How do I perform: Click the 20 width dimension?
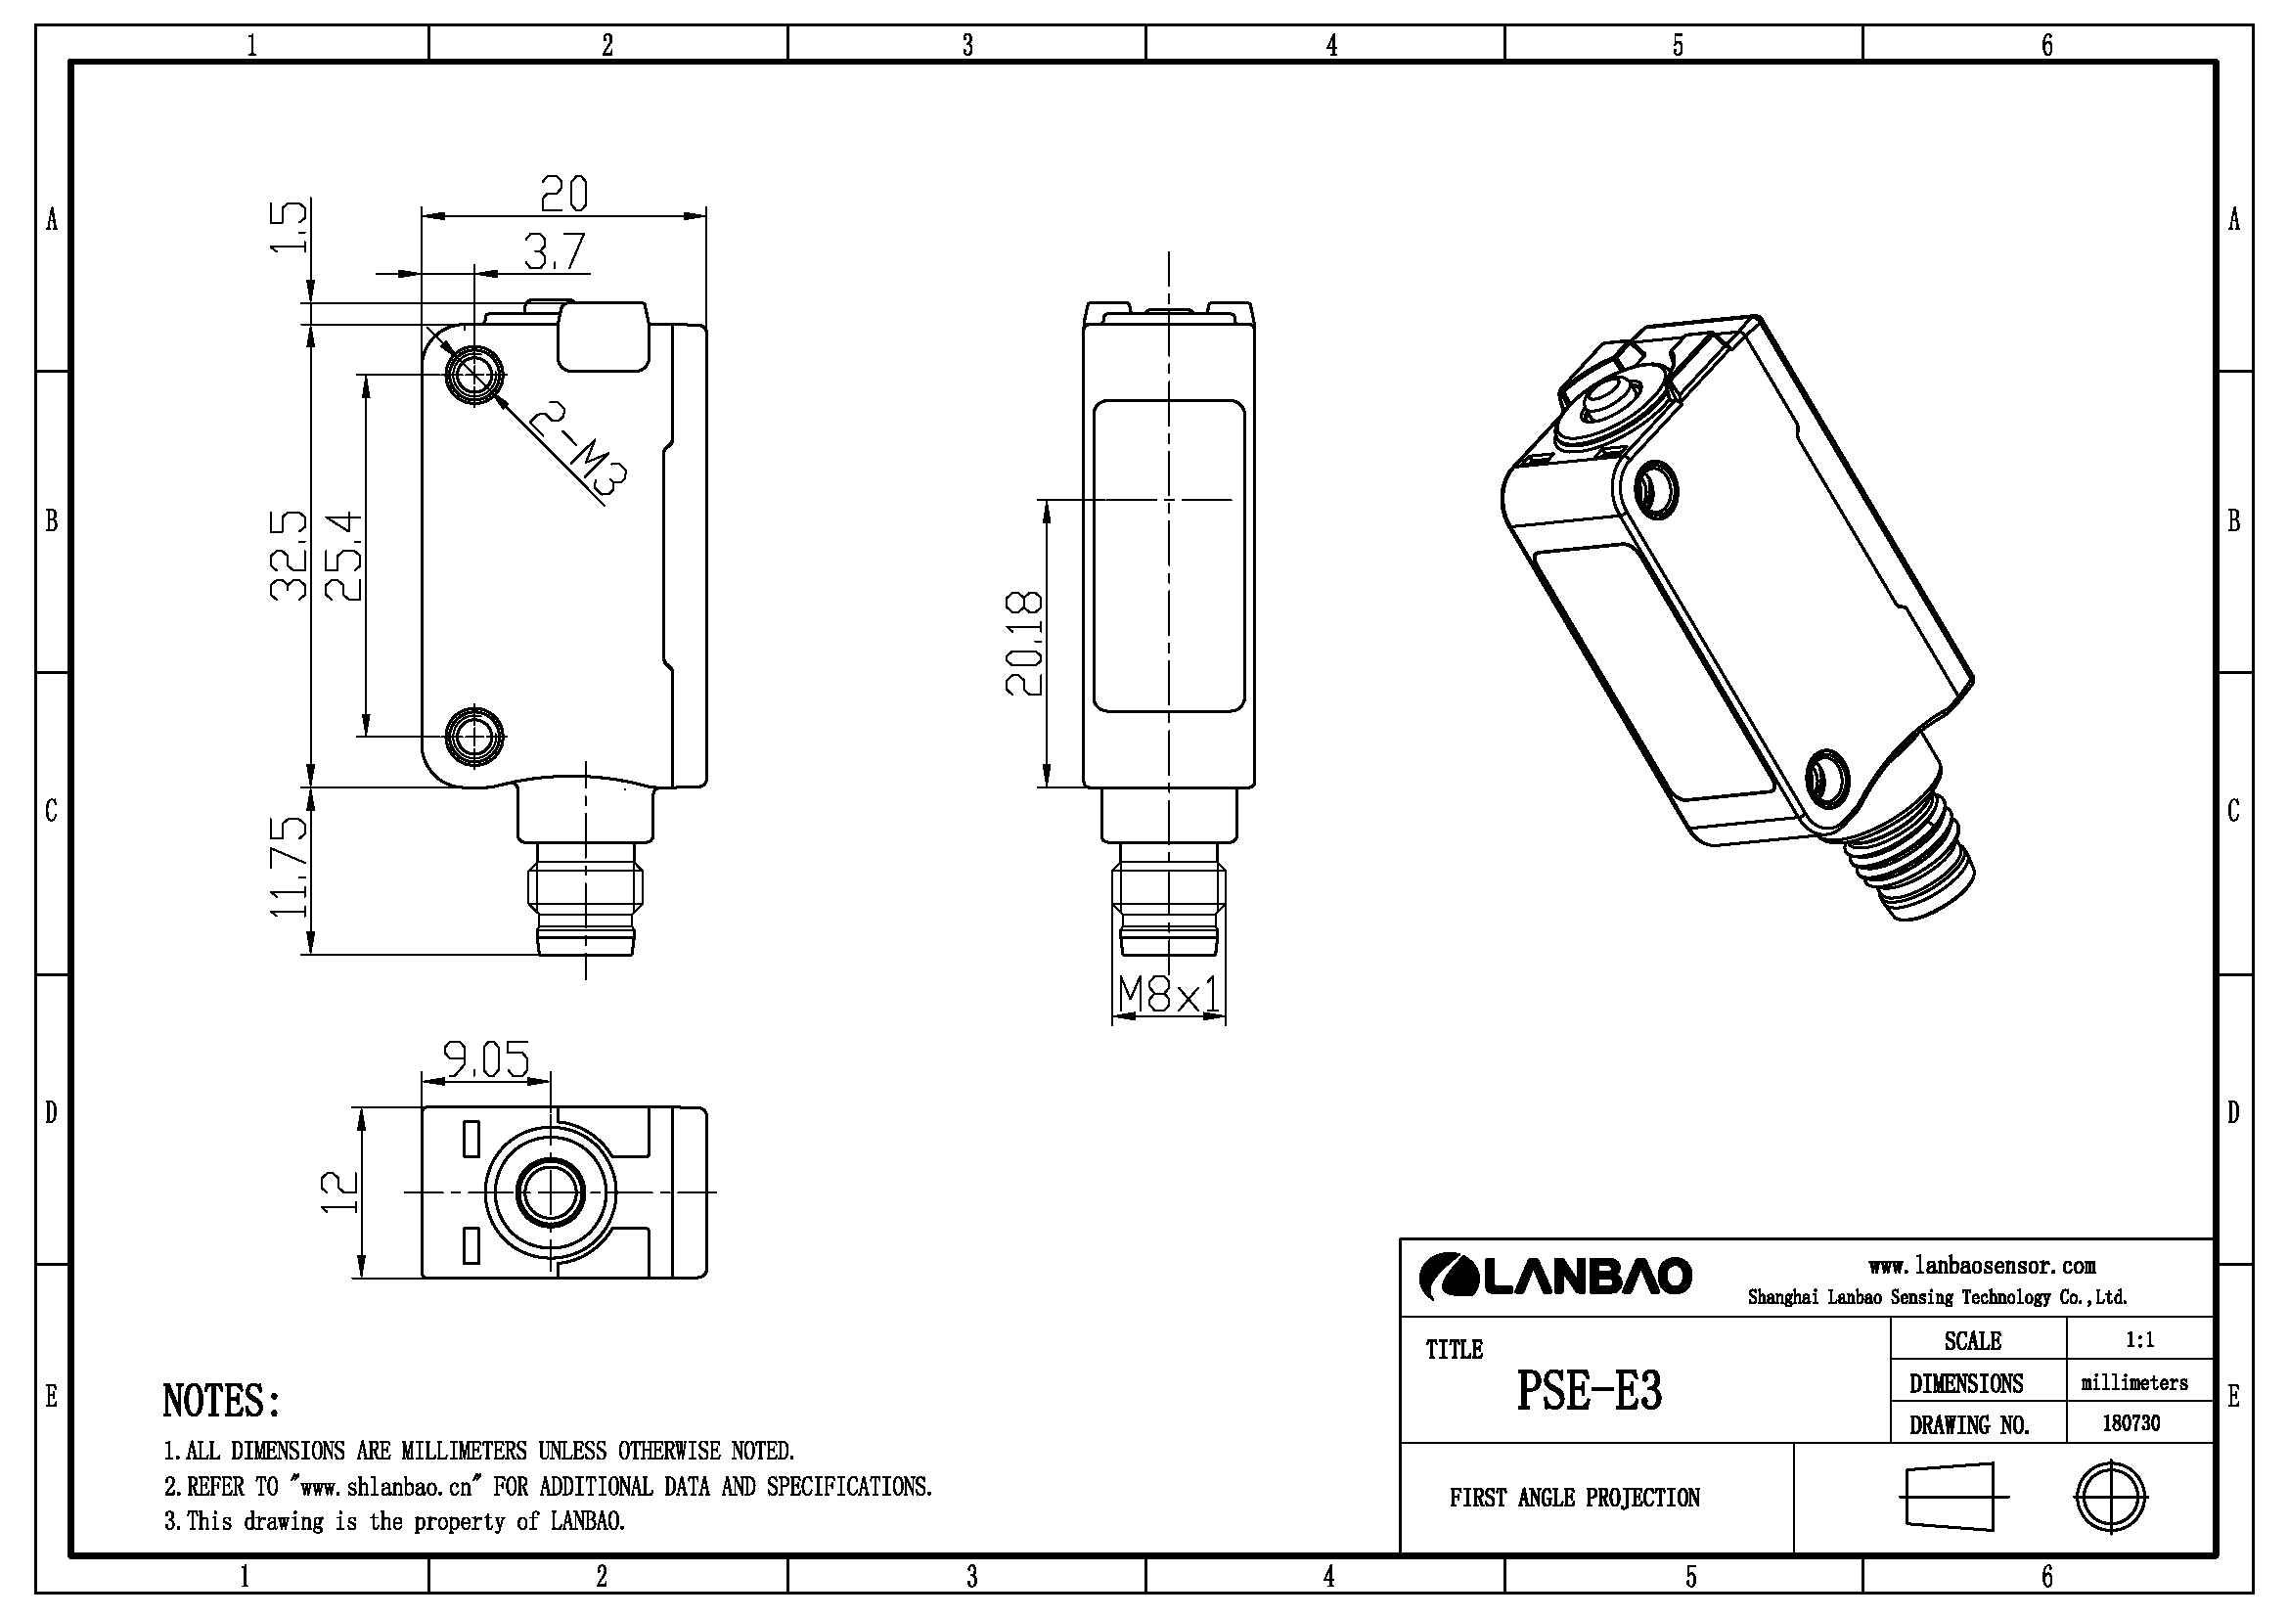[x=564, y=194]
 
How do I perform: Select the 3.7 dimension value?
[x=555, y=252]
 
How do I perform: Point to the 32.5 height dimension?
[x=289, y=555]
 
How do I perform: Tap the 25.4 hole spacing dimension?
[x=343, y=555]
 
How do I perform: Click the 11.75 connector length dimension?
[x=289, y=867]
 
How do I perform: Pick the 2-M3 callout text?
[x=578, y=448]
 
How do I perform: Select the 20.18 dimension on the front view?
[x=1024, y=644]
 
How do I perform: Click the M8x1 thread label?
[x=1169, y=993]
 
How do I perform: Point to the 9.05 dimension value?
[x=486, y=1060]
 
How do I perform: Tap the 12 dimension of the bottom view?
[x=339, y=1191]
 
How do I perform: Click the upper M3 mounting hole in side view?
[x=475, y=375]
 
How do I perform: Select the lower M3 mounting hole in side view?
[x=475, y=737]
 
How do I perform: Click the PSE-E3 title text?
[x=1590, y=1391]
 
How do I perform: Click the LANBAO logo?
[x=1555, y=1277]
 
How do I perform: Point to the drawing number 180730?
[x=2131, y=1422]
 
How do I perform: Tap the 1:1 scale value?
[x=2140, y=1340]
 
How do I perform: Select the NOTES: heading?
[x=222, y=1401]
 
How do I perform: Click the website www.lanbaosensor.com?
[x=1982, y=1266]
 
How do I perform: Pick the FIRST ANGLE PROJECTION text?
[x=1575, y=1498]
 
